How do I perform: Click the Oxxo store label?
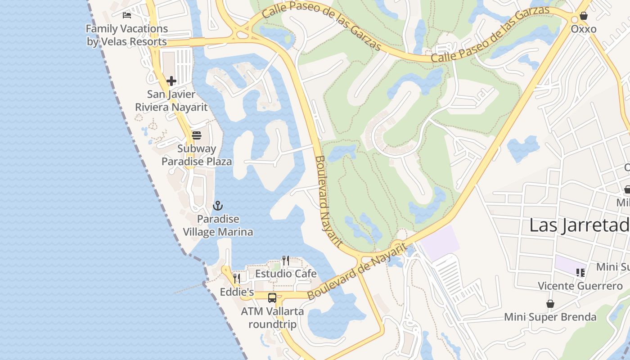pyautogui.click(x=584, y=29)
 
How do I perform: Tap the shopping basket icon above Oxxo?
pyautogui.click(x=584, y=16)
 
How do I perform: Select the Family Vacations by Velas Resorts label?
pyautogui.click(x=126, y=35)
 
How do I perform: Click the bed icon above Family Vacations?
pyautogui.click(x=127, y=15)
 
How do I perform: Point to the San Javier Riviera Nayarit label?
pyautogui.click(x=171, y=101)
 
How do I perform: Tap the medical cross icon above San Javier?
pyautogui.click(x=171, y=81)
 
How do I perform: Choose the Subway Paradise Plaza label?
pyautogui.click(x=197, y=155)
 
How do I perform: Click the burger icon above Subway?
pyautogui.click(x=196, y=135)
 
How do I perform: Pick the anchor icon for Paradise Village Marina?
pyautogui.click(x=218, y=206)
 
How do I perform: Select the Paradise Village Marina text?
pyautogui.click(x=218, y=226)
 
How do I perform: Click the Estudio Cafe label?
pyautogui.click(x=286, y=274)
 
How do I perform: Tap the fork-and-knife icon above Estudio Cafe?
pyautogui.click(x=286, y=261)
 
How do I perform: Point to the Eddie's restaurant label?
pyautogui.click(x=237, y=292)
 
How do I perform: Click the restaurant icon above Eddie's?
pyautogui.click(x=237, y=279)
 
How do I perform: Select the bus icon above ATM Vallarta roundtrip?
pyautogui.click(x=272, y=297)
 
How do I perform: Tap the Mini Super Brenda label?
pyautogui.click(x=550, y=317)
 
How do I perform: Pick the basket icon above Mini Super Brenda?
pyautogui.click(x=550, y=304)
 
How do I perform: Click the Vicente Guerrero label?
pyautogui.click(x=580, y=286)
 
